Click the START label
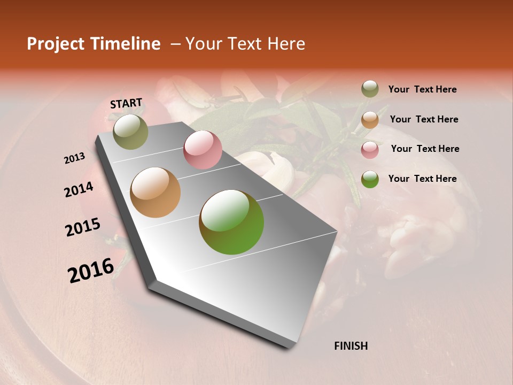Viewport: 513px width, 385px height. tap(126, 103)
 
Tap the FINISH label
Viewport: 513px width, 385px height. tap(351, 346)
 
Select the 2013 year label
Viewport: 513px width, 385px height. tap(75, 158)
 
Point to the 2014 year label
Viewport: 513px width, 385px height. tap(79, 190)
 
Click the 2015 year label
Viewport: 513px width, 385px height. tap(83, 227)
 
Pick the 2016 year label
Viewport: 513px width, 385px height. tap(91, 270)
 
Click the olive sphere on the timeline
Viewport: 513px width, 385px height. tap(130, 132)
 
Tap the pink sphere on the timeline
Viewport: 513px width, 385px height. tap(203, 150)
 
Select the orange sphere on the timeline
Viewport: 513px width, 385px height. tap(156, 192)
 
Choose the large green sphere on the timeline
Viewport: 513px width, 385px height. tap(231, 222)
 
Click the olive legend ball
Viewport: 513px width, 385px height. tap(370, 89)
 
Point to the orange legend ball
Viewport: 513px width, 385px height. tap(370, 119)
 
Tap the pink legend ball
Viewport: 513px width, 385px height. tap(370, 149)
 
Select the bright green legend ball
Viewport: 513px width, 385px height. tap(370, 179)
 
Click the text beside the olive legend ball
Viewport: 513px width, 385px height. tap(422, 90)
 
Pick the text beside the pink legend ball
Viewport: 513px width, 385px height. tap(425, 149)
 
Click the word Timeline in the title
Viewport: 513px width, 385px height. tap(126, 44)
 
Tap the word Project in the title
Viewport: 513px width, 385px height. tap(56, 44)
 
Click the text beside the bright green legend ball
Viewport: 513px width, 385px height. tap(422, 179)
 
